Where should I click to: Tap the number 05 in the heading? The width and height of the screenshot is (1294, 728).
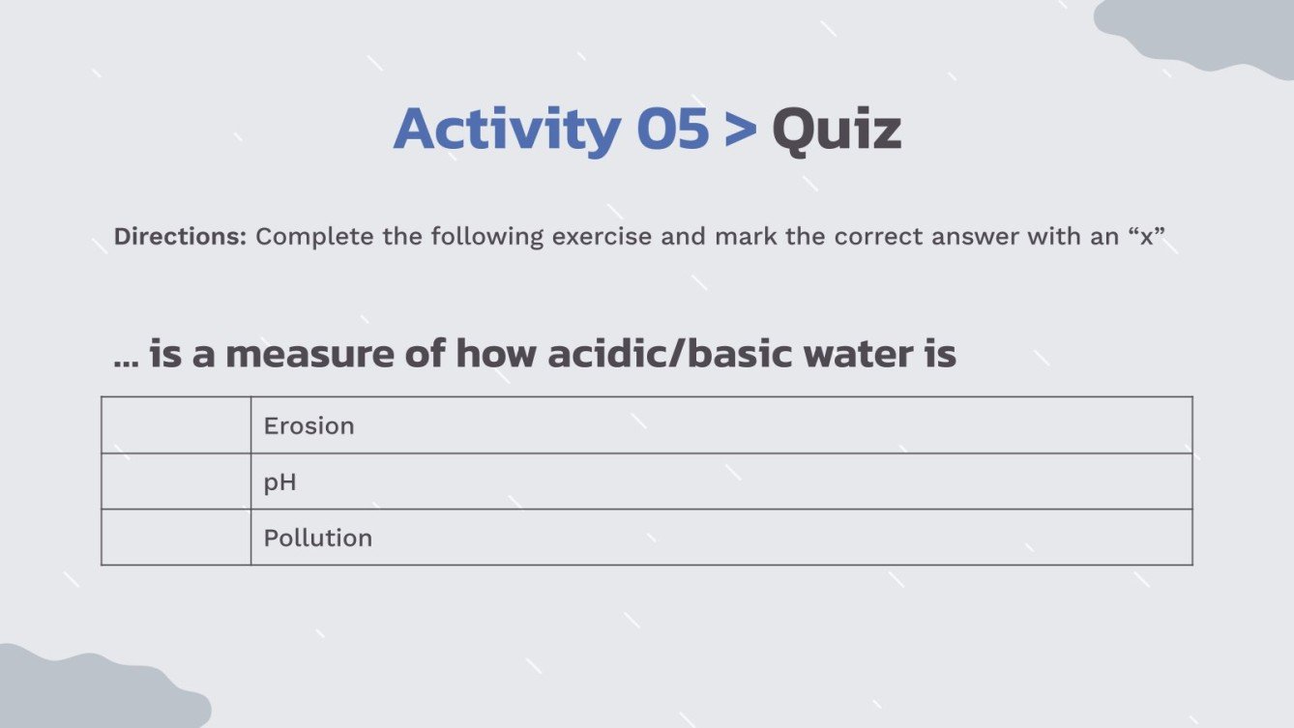pyautogui.click(x=672, y=131)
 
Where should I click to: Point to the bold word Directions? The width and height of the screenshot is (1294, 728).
pyautogui.click(x=180, y=237)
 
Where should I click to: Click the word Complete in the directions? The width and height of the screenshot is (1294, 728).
pyautogui.click(x=314, y=237)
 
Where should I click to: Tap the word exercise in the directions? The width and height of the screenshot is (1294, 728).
pyautogui.click(x=602, y=237)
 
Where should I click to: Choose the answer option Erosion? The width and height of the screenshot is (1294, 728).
pyautogui.click(x=309, y=426)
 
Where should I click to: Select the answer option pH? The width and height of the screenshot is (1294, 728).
pyautogui.click(x=280, y=482)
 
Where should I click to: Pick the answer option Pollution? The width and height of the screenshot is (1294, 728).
pyautogui.click(x=318, y=538)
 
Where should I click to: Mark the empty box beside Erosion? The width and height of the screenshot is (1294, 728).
pyautogui.click(x=176, y=425)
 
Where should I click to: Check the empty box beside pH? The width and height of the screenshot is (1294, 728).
pyautogui.click(x=176, y=481)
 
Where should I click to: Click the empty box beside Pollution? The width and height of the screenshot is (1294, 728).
pyautogui.click(x=176, y=538)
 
